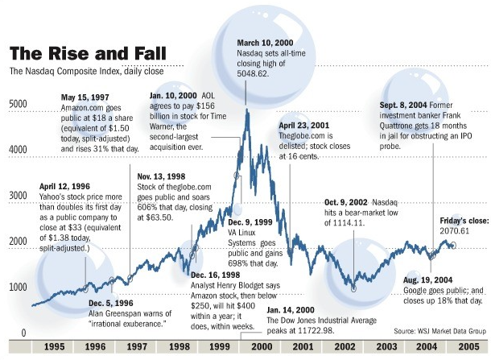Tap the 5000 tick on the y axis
(x=17, y=104)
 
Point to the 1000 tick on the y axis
(x=17, y=288)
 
